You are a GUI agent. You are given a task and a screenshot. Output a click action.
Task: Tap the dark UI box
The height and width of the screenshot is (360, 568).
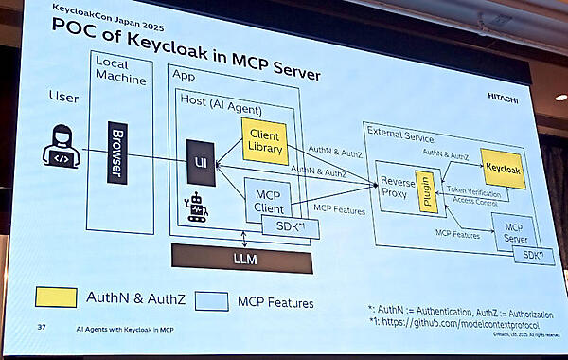click(x=200, y=162)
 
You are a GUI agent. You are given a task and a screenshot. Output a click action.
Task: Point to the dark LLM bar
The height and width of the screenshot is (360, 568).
click(x=241, y=258)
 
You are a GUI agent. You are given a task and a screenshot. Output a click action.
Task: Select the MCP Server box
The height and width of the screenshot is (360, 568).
click(x=514, y=233)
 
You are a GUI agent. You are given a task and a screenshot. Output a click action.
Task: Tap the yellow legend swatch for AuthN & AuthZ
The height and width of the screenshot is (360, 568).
click(x=56, y=297)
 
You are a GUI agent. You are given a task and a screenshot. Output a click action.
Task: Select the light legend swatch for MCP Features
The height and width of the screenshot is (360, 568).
click(x=216, y=301)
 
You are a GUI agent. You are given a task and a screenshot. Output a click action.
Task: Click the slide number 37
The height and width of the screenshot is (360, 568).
click(x=41, y=328)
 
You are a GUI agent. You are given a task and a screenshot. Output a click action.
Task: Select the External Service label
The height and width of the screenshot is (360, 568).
click(x=401, y=135)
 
